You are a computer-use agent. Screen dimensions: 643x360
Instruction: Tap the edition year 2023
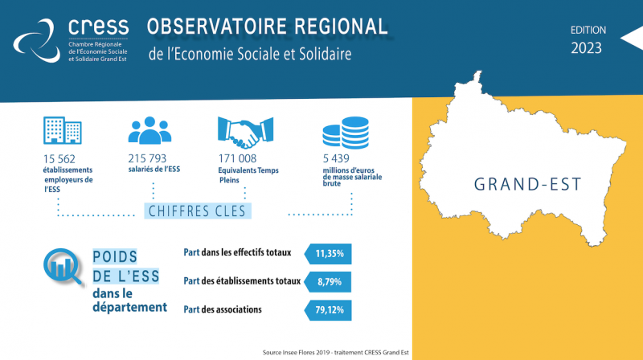click(587, 48)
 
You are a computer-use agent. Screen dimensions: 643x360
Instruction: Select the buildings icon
click(63, 130)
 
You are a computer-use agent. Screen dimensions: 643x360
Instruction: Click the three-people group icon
click(149, 130)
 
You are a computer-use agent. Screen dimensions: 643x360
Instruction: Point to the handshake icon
click(245, 132)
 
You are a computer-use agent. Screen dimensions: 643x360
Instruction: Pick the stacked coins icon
click(346, 133)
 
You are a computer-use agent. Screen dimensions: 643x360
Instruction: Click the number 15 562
click(59, 159)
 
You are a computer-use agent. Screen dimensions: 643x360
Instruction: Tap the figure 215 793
click(147, 158)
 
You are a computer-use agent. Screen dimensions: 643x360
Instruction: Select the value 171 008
click(237, 158)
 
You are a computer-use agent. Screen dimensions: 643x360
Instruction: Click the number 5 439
click(336, 158)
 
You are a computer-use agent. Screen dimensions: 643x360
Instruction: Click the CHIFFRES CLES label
click(197, 211)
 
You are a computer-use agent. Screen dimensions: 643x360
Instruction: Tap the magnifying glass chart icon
click(63, 267)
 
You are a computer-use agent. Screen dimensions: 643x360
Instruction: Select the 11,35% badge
click(328, 254)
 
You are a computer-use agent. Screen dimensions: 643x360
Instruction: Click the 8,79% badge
click(328, 282)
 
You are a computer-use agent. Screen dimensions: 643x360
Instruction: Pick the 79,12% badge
click(328, 310)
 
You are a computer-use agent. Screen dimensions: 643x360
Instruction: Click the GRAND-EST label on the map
click(528, 185)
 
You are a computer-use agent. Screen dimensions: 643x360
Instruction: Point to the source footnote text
click(335, 352)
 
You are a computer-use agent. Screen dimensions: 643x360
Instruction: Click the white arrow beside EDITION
click(632, 38)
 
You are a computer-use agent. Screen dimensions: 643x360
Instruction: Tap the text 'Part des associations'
click(223, 309)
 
